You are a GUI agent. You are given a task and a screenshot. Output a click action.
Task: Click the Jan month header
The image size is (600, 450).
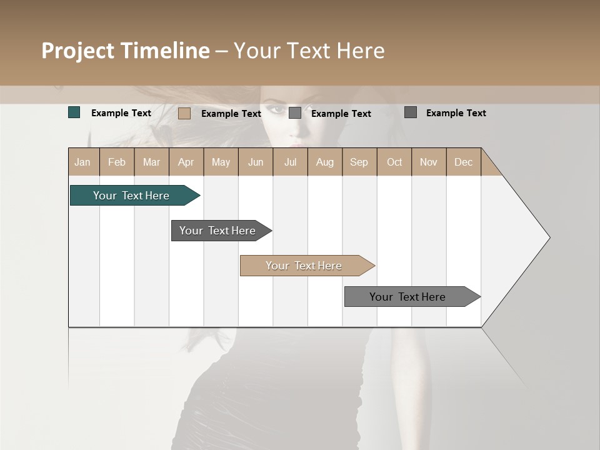click(82, 162)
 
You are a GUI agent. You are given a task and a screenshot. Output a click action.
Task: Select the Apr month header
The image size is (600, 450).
click(186, 162)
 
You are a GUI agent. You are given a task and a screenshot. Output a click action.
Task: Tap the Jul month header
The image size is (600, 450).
click(290, 162)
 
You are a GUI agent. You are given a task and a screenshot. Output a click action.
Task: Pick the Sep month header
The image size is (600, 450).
click(359, 162)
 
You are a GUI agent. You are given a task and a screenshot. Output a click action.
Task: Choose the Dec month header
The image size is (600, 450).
click(463, 162)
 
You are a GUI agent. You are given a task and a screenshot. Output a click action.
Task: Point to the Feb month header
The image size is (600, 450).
click(117, 162)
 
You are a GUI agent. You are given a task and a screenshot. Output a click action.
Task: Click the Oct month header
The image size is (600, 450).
click(394, 162)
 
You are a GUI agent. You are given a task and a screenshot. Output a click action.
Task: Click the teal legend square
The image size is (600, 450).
click(74, 112)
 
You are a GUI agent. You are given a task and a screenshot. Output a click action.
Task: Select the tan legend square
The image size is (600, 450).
click(184, 113)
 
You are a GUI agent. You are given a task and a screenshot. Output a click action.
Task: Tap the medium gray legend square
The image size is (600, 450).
click(295, 113)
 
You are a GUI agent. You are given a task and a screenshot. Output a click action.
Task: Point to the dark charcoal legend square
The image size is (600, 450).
click(411, 112)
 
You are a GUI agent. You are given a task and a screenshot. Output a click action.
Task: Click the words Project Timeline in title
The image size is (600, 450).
click(126, 51)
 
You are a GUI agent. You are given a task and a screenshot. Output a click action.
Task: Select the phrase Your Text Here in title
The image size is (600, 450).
click(309, 51)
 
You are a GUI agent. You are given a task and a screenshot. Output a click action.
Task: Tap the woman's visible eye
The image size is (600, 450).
click(275, 111)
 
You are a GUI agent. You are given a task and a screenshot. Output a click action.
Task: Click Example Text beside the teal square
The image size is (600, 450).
click(121, 113)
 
